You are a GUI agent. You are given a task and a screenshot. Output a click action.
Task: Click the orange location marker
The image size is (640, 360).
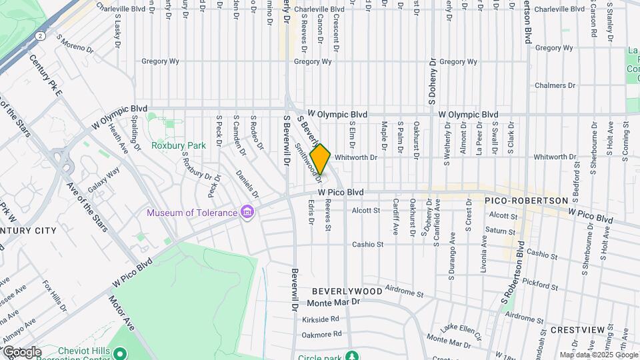coord(320,159)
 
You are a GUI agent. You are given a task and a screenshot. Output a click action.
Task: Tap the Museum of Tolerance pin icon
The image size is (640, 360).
coord(248,213)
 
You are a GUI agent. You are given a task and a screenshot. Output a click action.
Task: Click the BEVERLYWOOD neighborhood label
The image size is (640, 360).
coord(347,291)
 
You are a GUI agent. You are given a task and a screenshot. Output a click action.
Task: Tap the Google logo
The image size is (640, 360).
coord(21,352)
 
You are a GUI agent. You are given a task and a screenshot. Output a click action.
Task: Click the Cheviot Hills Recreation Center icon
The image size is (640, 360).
coord(120,353)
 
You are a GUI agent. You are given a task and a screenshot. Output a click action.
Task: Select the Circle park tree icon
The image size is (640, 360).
coord(350,356)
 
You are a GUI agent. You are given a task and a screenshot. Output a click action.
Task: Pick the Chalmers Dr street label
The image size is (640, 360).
coord(555,85)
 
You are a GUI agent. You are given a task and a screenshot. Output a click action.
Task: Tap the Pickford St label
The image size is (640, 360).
coord(541,285)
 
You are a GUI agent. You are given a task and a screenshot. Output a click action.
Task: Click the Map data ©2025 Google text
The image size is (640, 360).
coord(598,355)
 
